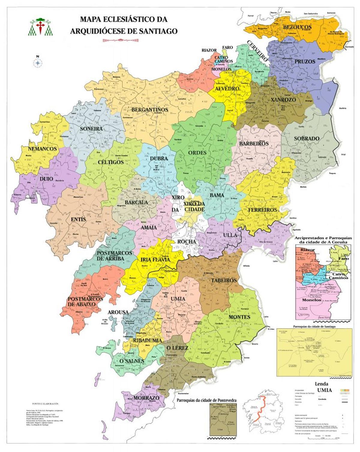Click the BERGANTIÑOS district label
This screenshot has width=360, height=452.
150,110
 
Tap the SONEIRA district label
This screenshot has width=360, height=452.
91,129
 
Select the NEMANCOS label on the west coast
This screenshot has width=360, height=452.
42,149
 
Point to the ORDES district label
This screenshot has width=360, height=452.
197,153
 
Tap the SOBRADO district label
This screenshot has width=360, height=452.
306,139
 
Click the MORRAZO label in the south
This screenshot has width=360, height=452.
146,398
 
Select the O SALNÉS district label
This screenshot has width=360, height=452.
132,361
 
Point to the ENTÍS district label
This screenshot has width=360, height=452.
78,219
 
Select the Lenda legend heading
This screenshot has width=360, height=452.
321,384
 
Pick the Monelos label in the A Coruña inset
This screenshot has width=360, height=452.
311,300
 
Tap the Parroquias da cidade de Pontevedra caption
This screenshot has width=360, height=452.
206,400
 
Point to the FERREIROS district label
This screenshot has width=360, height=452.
262,210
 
